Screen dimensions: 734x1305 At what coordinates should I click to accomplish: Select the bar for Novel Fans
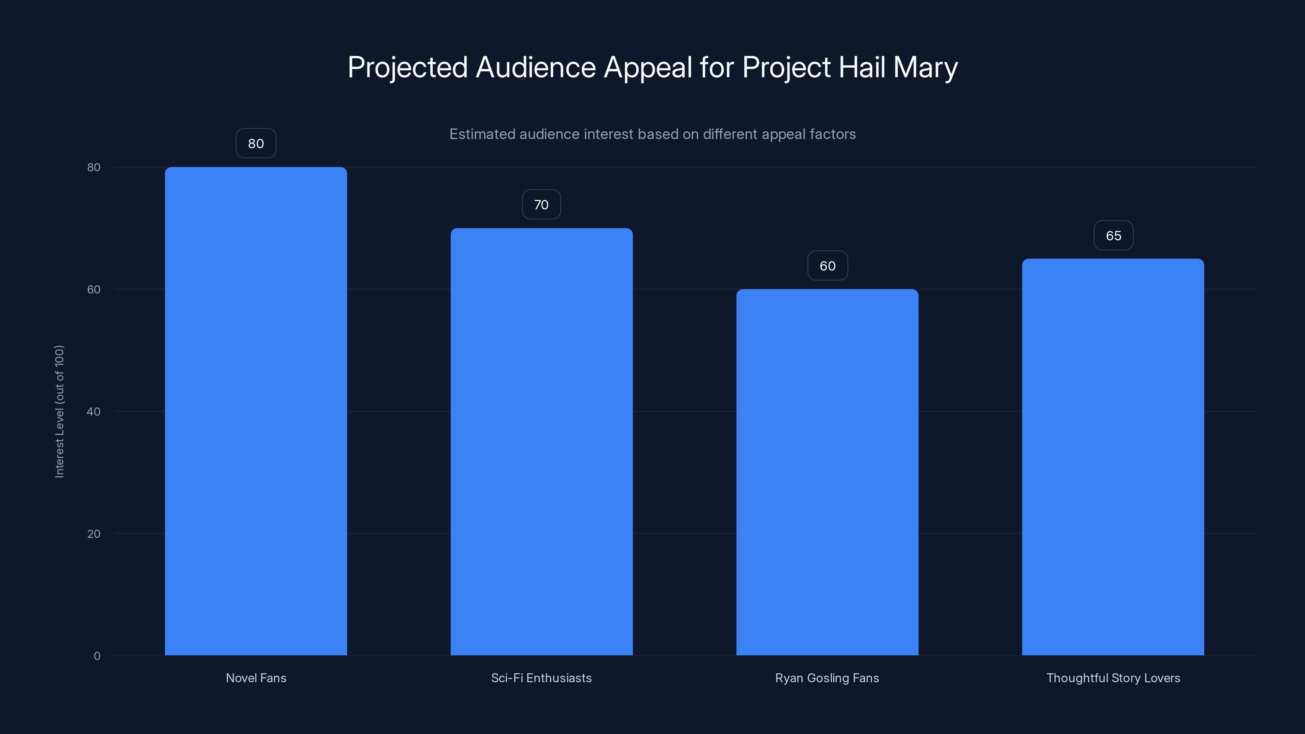(256, 410)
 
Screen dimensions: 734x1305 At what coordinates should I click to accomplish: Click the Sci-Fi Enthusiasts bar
(541, 441)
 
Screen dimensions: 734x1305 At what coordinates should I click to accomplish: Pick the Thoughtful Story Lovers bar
(1113, 456)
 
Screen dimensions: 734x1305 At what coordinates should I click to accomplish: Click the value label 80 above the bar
(256, 144)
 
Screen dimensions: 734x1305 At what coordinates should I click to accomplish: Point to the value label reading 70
(541, 205)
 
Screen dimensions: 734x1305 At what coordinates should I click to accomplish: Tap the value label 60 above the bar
(827, 266)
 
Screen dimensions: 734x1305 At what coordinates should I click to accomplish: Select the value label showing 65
(1113, 236)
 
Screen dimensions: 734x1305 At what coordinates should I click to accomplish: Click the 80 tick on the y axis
(94, 167)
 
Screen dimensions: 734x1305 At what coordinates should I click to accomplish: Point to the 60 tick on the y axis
(94, 289)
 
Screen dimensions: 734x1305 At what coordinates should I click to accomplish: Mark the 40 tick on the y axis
(94, 411)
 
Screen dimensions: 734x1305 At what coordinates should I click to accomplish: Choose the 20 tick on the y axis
(94, 533)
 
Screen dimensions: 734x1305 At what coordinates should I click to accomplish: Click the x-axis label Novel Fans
(256, 678)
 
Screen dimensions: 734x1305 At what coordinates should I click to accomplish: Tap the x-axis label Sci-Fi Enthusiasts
(541, 678)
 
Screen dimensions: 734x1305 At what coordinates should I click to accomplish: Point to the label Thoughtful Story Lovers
(1113, 678)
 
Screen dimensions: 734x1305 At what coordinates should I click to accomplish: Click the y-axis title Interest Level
(59, 411)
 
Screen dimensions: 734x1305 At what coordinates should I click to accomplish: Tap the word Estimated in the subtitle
(481, 134)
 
